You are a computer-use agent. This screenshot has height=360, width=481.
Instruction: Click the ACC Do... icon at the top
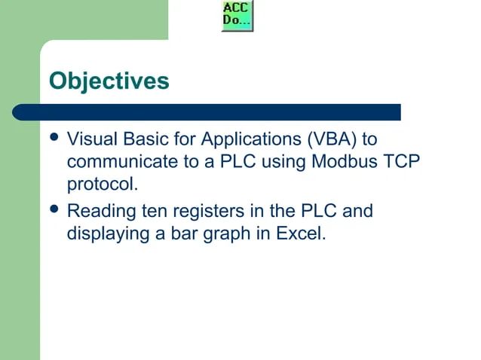coord(237,16)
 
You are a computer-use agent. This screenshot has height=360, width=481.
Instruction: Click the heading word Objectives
coord(109,81)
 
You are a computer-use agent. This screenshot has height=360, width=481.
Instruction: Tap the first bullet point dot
coord(54,140)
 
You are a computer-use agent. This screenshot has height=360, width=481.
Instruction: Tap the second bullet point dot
coord(54,211)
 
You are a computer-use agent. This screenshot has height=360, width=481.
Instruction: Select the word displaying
coord(109,234)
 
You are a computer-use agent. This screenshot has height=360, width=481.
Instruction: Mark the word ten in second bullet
coord(153,211)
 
